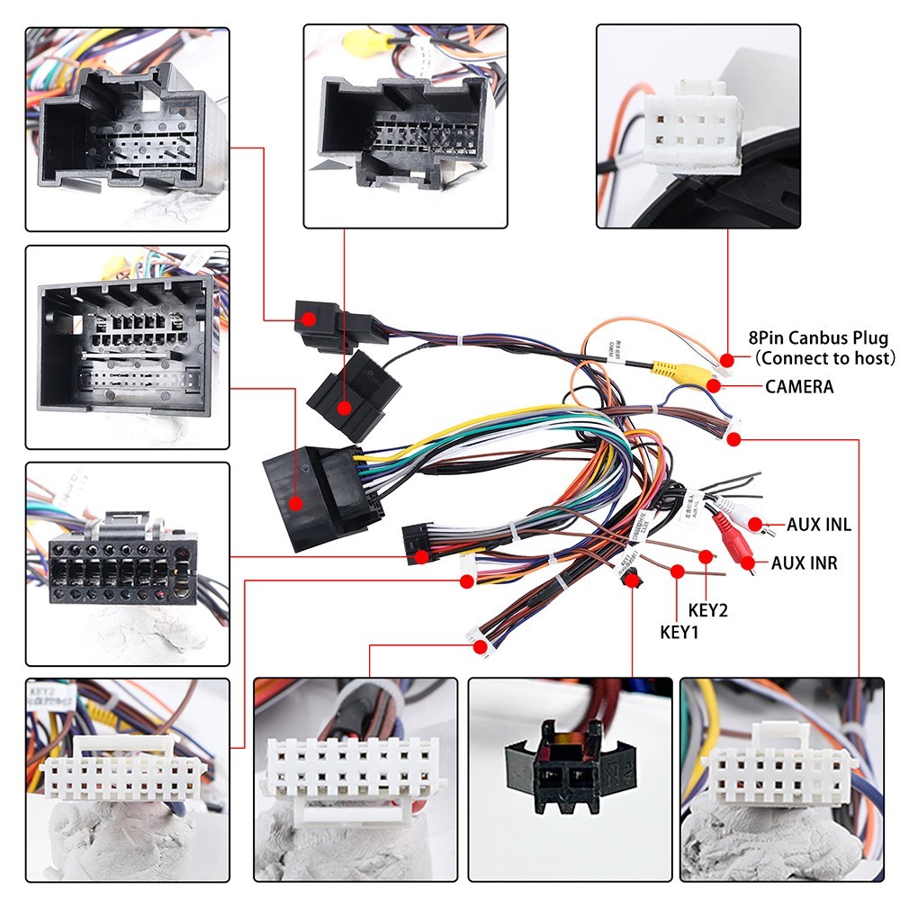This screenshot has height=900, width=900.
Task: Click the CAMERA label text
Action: point(799,387)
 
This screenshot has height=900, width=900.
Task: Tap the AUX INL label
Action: point(818,525)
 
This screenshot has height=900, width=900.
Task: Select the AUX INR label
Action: point(804,563)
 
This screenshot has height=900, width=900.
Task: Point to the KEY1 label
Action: point(679,632)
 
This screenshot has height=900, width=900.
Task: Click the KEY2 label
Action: point(707,610)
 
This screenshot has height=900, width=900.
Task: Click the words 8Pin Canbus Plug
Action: point(818,338)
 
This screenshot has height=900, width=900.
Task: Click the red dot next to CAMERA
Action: point(715,386)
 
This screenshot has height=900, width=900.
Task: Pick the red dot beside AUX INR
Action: point(748,563)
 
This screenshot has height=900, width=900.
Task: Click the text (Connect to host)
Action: point(825,358)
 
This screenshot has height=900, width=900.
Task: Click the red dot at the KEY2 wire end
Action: point(706,557)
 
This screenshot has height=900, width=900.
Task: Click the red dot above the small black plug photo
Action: point(634,580)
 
